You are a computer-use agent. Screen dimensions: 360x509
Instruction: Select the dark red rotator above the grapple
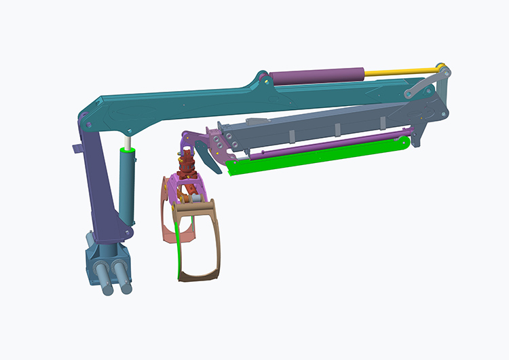click(x=185, y=162)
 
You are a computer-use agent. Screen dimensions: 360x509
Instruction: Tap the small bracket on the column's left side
click(x=77, y=147)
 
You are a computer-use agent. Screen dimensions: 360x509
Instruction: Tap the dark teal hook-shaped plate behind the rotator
click(x=204, y=147)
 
